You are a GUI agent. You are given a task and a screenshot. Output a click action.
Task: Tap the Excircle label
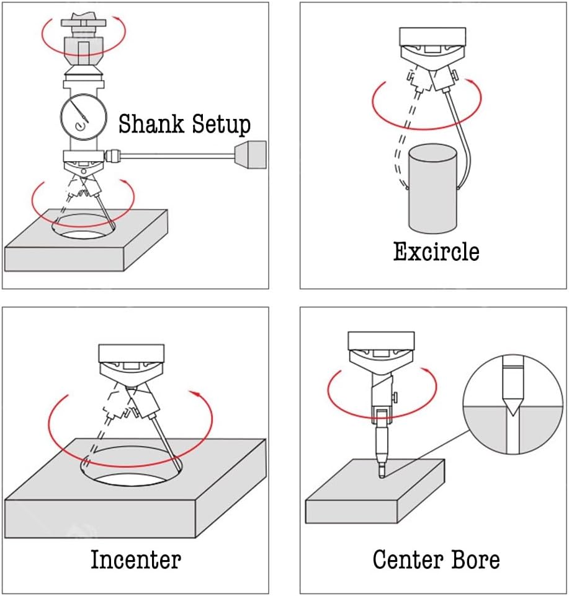pos(436,252)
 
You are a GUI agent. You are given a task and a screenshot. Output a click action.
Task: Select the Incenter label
pos(136,559)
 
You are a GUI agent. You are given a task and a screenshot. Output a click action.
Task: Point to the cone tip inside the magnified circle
pos(512,406)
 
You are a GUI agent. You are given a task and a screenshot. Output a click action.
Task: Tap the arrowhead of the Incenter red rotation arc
pos(197,393)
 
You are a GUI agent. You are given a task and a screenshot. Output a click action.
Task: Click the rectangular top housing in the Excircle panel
pos(432,37)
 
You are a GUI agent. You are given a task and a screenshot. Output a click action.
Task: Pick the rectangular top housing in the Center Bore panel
pos(380,341)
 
